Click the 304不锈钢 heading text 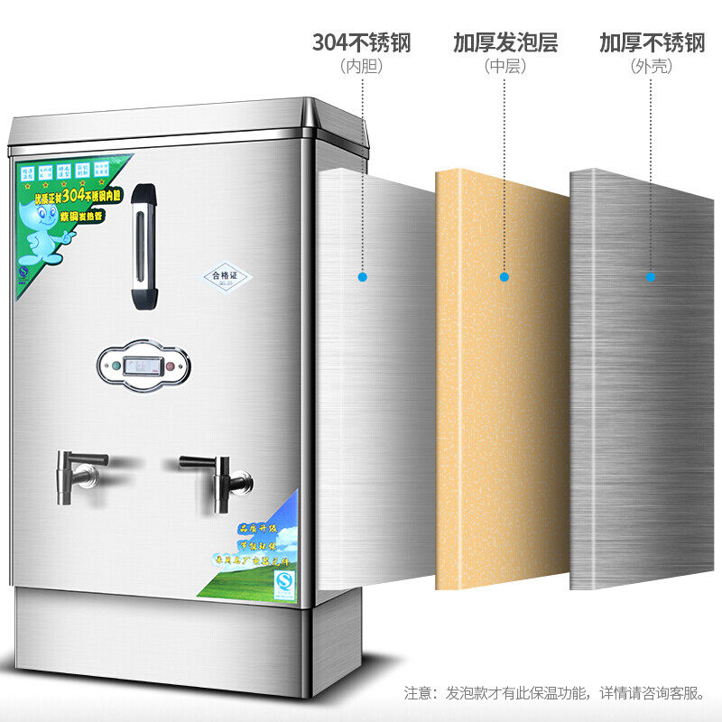(361, 43)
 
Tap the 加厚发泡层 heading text (504, 43)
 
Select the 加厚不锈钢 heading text (652, 43)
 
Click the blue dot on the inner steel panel (362, 276)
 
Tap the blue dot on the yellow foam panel (504, 276)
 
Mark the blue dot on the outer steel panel (650, 276)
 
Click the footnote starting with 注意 (555, 693)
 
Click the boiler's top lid (180, 122)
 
